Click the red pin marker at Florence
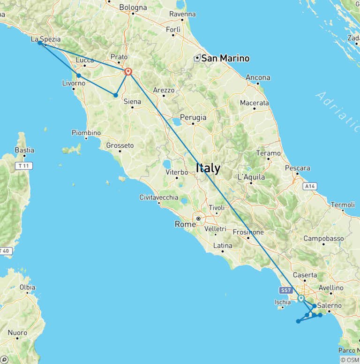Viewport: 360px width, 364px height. point(128,72)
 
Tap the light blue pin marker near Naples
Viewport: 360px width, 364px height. point(301,298)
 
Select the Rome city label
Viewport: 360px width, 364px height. point(185,224)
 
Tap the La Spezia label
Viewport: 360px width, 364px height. point(45,39)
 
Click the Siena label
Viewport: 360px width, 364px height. point(132,101)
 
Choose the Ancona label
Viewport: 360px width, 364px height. point(258,77)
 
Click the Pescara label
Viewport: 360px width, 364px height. point(297,168)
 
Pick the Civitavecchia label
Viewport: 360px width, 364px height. point(159,197)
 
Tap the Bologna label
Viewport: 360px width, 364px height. point(133,8)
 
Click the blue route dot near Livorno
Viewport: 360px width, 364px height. point(79,76)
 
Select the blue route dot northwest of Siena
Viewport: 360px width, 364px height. point(116,95)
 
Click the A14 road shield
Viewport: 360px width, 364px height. point(308,186)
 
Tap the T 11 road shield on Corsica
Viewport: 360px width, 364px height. point(22,166)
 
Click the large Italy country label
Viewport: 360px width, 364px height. point(208,168)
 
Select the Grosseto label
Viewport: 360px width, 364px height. point(120,145)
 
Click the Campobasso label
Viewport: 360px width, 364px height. point(323,238)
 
